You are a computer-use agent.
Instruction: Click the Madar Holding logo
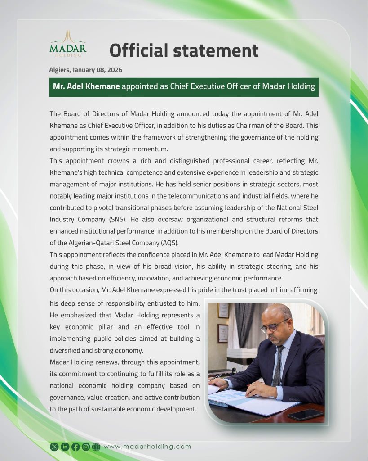(68, 44)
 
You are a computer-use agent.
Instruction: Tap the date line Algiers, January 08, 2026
(85, 70)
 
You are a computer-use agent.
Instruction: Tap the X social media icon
(54, 447)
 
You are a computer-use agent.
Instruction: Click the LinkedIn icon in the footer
(65, 447)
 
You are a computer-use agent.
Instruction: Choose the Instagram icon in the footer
(85, 447)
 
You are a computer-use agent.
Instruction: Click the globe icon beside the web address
(96, 447)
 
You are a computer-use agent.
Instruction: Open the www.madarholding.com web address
(147, 447)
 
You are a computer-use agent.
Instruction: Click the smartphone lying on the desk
(306, 414)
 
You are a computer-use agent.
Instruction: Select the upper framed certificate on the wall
(223, 310)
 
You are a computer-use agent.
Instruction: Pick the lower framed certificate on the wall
(223, 334)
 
